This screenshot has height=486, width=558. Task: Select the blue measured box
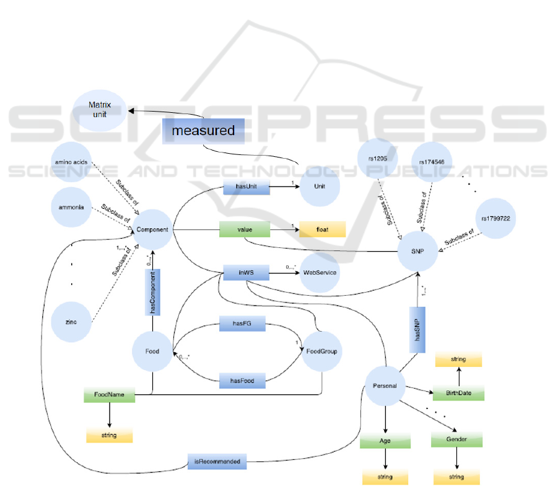[204, 131]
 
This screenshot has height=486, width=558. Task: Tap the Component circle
[152, 230]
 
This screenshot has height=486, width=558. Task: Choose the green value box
[245, 229]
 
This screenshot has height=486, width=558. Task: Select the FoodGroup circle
[320, 351]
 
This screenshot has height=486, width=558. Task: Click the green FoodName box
[109, 394]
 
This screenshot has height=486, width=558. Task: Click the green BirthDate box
[457, 393]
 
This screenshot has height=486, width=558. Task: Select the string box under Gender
[457, 477]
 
